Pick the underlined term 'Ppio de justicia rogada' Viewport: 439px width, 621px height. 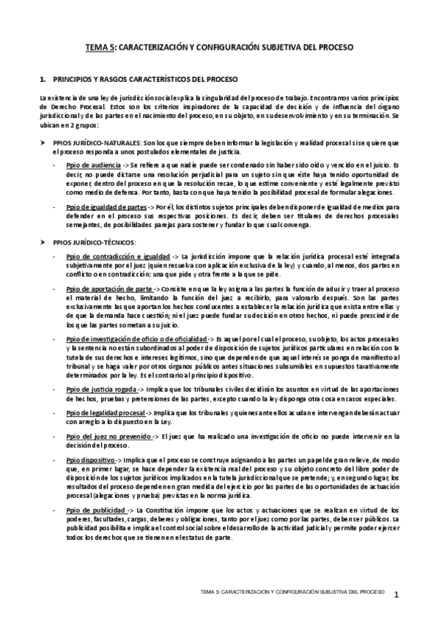[x=103, y=388]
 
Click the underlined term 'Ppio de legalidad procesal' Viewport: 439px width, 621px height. [x=106, y=413]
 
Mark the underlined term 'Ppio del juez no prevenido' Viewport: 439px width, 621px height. [x=108, y=437]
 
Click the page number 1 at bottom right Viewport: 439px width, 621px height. [x=396, y=595]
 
